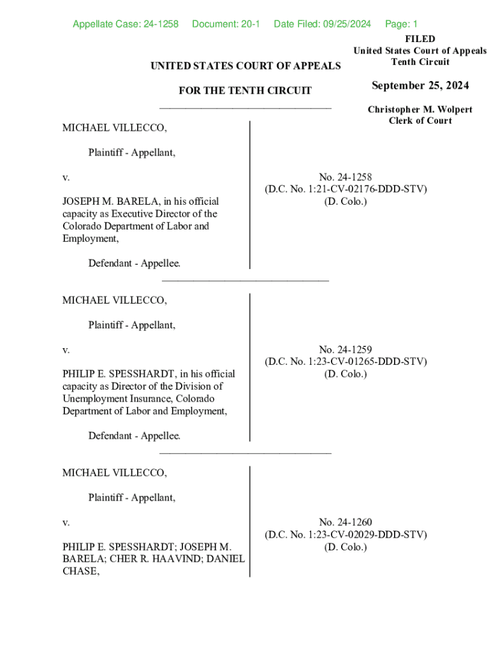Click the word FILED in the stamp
pos(420,40)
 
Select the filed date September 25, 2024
pos(420,85)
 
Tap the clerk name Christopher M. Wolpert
pos(420,110)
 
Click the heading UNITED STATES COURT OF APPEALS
pos(246,66)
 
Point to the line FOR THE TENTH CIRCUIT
pos(246,91)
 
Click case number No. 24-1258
pos(346,177)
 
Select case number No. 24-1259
pos(346,349)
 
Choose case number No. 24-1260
pos(346,522)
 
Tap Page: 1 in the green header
pos(401,24)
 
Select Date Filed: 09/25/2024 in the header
pos(322,24)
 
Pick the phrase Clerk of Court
pos(420,121)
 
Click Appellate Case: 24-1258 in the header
pos(126,24)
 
